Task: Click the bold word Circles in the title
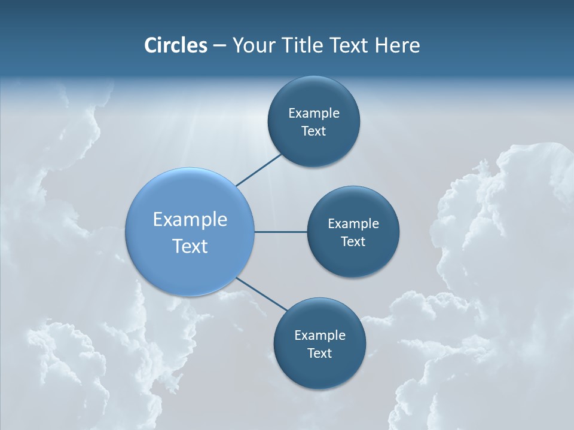click(x=175, y=45)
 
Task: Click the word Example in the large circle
click(x=190, y=219)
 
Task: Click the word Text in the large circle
click(x=190, y=246)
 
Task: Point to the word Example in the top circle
click(x=314, y=113)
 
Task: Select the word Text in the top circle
click(x=314, y=131)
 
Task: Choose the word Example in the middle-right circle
click(x=353, y=223)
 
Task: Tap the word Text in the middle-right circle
click(x=353, y=241)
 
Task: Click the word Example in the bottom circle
click(x=320, y=335)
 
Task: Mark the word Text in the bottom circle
click(x=320, y=353)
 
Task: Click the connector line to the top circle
click(x=259, y=169)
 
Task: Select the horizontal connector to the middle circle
click(x=281, y=232)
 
